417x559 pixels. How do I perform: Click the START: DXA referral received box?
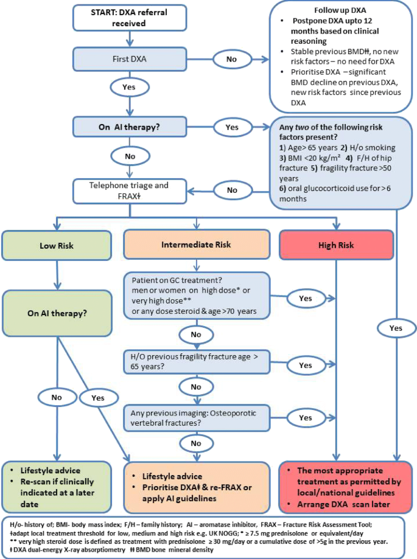click(x=130, y=18)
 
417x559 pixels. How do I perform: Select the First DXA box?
click(x=130, y=59)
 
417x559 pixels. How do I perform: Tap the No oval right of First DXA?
click(x=232, y=59)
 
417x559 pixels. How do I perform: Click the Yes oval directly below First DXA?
click(x=129, y=87)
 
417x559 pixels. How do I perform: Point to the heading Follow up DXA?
click(x=340, y=10)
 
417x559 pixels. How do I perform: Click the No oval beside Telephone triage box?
click(x=232, y=190)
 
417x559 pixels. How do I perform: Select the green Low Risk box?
click(x=57, y=245)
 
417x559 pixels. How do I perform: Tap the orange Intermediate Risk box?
click(x=196, y=244)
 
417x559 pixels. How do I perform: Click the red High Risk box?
click(x=337, y=245)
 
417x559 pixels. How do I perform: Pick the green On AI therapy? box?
click(x=57, y=313)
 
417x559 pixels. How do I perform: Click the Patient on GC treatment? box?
click(x=197, y=296)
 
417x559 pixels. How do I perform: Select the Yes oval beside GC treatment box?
click(x=306, y=299)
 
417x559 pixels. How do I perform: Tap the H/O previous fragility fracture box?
click(x=197, y=361)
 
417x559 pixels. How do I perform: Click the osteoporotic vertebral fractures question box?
click(x=197, y=418)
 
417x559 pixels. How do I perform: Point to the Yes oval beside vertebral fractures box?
click(x=306, y=418)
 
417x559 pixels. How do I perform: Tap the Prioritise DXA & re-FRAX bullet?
click(x=192, y=493)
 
